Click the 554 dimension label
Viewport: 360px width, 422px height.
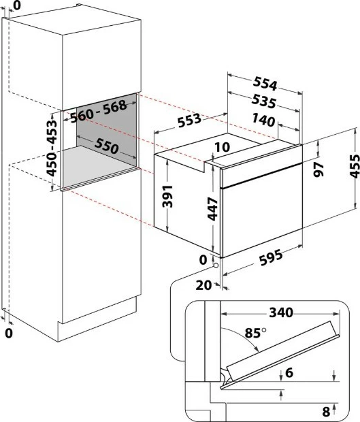click(265, 83)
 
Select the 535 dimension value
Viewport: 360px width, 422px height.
click(263, 101)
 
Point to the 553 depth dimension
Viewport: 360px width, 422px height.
click(189, 120)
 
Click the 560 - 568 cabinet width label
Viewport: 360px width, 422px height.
click(99, 112)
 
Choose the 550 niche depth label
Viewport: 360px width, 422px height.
click(106, 146)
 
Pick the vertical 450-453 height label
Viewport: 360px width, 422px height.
click(52, 148)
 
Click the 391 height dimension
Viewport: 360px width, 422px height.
click(167, 196)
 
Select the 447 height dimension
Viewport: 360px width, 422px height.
click(213, 209)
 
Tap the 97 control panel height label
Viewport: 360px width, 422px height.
click(319, 169)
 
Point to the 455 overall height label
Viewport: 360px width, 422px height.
click(355, 166)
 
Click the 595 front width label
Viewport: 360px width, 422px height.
click(271, 257)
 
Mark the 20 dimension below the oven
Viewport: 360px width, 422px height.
click(203, 285)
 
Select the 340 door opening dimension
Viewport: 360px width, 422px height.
click(281, 312)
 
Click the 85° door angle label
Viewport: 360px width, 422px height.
click(255, 333)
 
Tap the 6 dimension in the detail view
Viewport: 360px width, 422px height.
click(289, 373)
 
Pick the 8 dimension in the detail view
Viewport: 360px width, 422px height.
click(326, 412)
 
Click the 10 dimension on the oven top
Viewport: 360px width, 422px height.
click(223, 147)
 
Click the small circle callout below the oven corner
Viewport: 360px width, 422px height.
click(216, 265)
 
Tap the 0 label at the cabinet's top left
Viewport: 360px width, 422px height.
click(17, 5)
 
